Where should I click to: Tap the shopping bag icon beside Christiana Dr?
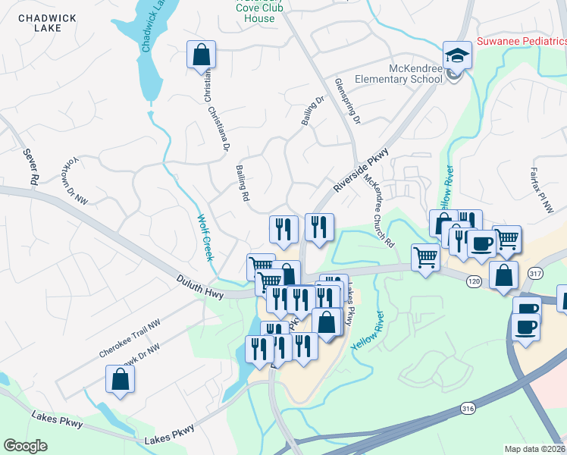click(201, 55)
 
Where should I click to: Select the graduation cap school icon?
click(457, 55)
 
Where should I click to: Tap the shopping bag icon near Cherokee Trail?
click(121, 379)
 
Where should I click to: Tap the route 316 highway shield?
click(468, 408)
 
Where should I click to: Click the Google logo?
click(25, 446)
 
